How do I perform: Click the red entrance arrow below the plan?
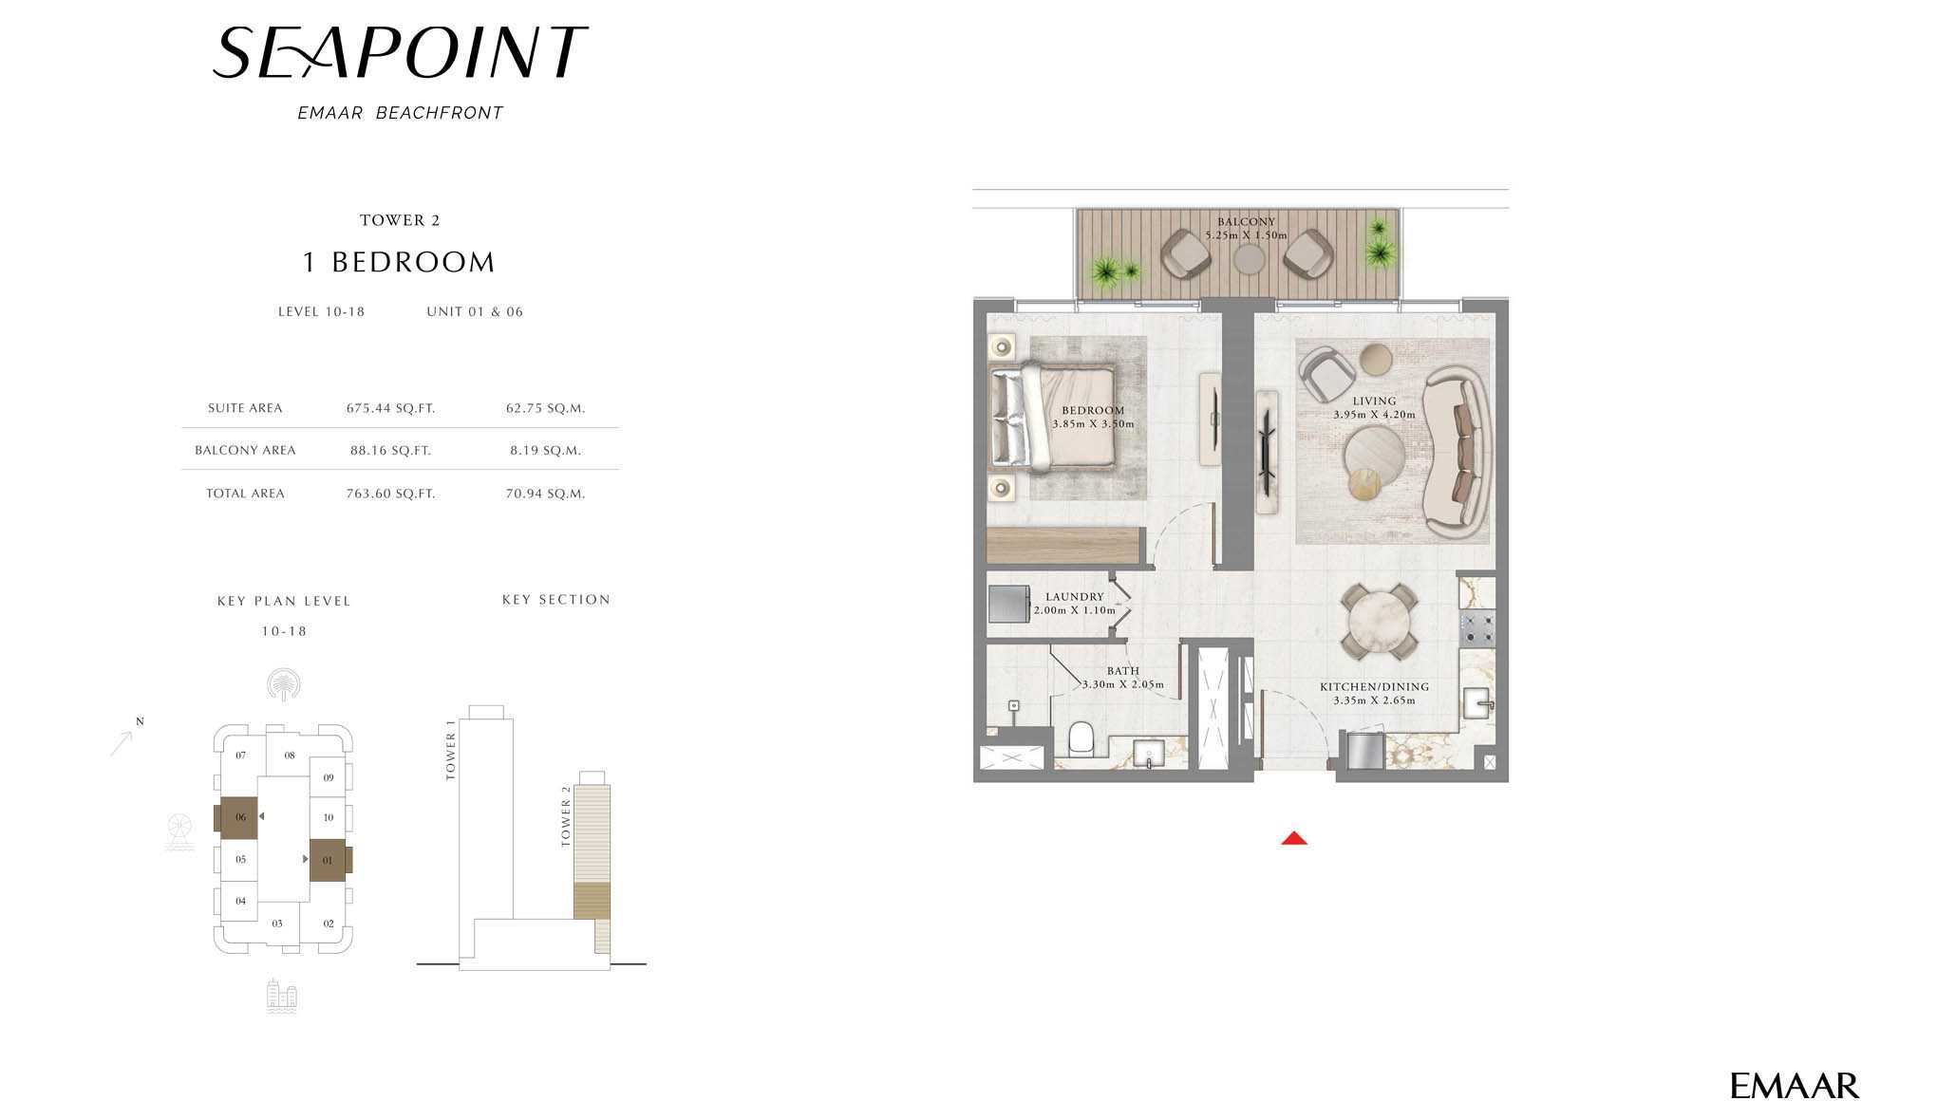click(x=1294, y=838)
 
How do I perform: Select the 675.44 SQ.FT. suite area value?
click(x=390, y=408)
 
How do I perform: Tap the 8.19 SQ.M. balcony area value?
click(x=545, y=450)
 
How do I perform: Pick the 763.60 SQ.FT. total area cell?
click(x=390, y=494)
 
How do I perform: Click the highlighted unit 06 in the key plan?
click(x=239, y=817)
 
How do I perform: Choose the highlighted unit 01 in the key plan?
click(x=328, y=861)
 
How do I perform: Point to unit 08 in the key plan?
click(x=290, y=756)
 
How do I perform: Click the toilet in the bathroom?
click(x=1081, y=738)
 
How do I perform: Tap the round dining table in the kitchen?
click(x=1379, y=620)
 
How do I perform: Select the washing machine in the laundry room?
click(x=1008, y=604)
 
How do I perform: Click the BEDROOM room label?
click(x=1093, y=411)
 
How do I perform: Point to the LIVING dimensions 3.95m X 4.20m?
click(x=1374, y=415)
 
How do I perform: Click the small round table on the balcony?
click(x=1248, y=259)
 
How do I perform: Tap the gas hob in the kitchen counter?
click(x=1477, y=627)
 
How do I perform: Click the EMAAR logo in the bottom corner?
click(x=1794, y=1086)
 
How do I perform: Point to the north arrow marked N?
click(x=124, y=738)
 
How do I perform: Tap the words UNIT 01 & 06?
click(x=475, y=311)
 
